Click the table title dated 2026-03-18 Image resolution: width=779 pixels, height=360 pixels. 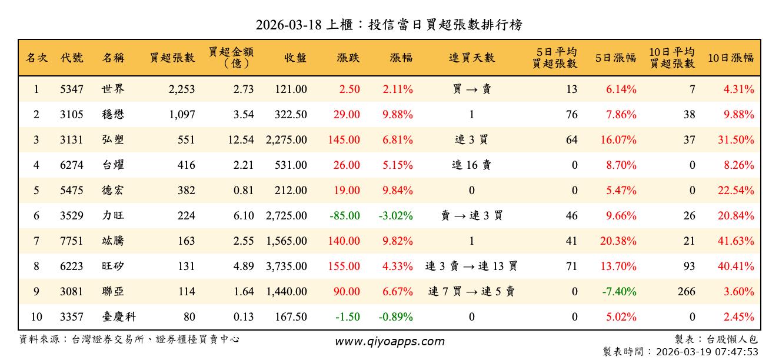[x=389, y=25]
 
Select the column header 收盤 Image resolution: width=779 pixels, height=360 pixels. [x=295, y=58]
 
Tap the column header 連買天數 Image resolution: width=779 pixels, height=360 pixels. [x=471, y=58]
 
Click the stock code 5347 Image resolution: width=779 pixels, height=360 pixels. [x=72, y=89]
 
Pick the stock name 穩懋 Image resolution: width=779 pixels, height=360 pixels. [x=113, y=115]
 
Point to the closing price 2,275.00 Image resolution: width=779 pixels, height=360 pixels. [x=286, y=140]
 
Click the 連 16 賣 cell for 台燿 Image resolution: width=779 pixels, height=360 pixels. [x=471, y=165]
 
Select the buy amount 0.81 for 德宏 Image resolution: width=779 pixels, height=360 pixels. [x=244, y=191]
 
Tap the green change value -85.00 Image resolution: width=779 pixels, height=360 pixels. [x=345, y=216]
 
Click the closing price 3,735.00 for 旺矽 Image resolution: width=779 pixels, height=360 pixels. [x=286, y=266]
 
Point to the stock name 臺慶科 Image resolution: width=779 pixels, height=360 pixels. [x=119, y=317]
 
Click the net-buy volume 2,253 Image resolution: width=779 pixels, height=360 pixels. [x=181, y=89]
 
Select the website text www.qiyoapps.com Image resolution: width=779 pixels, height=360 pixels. [x=389, y=341]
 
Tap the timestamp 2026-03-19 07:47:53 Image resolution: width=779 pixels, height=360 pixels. [x=706, y=352]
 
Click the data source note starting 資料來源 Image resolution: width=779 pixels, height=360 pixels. [x=129, y=339]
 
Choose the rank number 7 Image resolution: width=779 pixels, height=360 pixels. [x=36, y=241]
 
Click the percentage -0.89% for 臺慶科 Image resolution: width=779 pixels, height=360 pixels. [x=395, y=317]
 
